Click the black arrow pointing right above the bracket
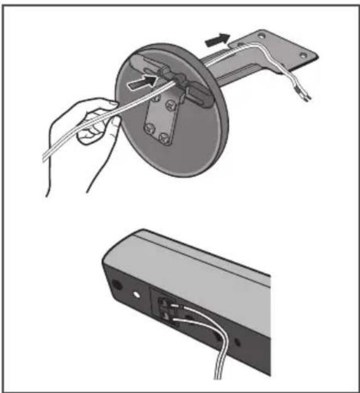216,40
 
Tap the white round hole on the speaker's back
137,293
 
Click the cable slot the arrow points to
166,77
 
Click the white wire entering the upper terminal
196,308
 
